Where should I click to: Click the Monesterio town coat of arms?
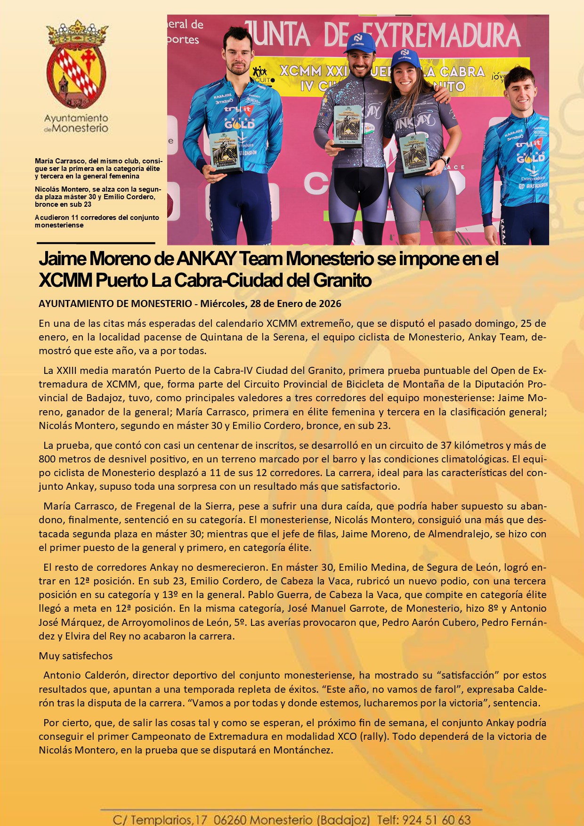pos(76,65)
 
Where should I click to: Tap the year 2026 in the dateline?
pos(330,304)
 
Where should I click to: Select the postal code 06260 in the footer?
pos(229,820)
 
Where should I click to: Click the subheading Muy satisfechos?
pos(76,656)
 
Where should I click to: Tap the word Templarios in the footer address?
pos(161,820)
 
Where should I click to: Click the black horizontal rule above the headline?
pos(96,243)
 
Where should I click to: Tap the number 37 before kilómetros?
pos(446,445)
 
